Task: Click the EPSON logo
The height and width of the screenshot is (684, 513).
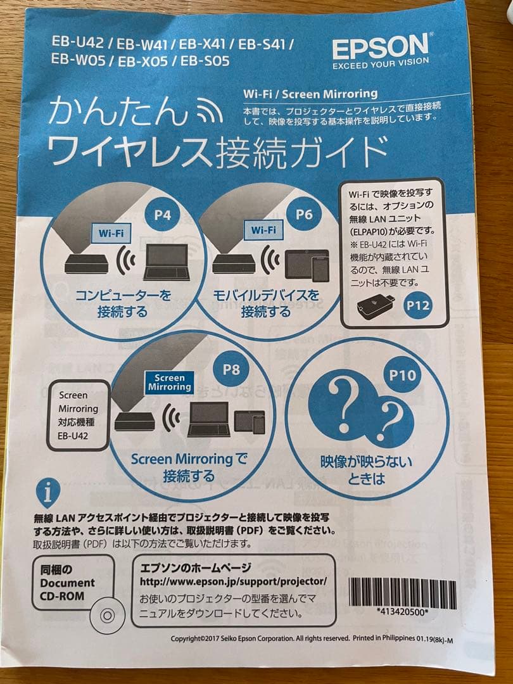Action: point(380,46)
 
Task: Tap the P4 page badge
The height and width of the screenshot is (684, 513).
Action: point(162,215)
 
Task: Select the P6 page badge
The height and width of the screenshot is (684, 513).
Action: point(304,214)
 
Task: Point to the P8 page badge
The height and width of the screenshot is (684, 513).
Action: point(231,369)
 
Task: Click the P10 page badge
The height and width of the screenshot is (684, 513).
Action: point(402,375)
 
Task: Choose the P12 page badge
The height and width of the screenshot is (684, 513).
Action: point(418,305)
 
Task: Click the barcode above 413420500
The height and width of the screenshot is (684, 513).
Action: point(402,593)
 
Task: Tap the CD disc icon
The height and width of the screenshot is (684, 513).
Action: point(107,616)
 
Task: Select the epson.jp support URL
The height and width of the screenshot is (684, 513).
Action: point(233,581)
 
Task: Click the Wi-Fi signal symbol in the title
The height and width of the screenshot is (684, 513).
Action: point(210,110)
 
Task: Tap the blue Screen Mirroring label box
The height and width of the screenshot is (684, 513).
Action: point(170,383)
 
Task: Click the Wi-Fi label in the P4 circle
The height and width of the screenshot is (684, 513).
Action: point(111,233)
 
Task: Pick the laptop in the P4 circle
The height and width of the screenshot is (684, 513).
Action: point(166,262)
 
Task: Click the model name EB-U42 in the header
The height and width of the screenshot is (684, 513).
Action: point(78,42)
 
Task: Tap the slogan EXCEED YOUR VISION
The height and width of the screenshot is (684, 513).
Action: point(381,64)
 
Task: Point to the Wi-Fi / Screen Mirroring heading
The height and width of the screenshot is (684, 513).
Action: point(310,94)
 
